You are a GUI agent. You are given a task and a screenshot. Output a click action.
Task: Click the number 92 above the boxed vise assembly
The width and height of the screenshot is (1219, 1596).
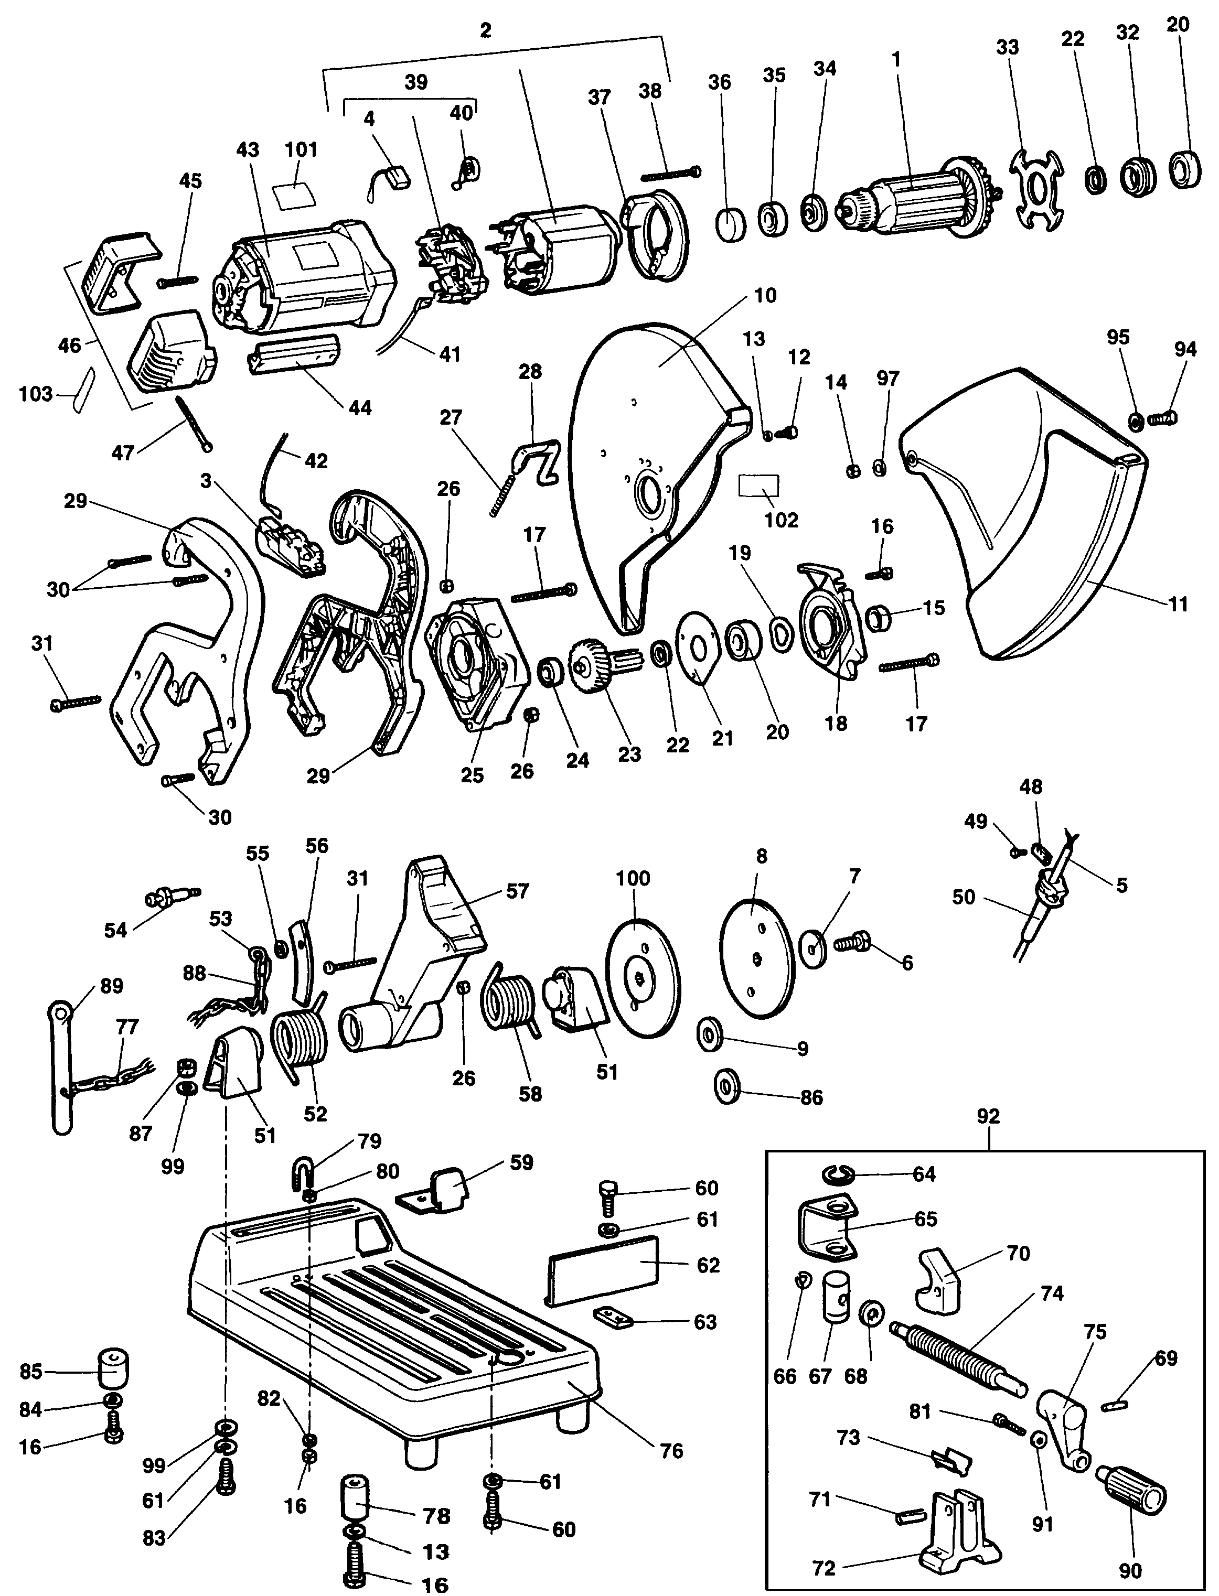(988, 1116)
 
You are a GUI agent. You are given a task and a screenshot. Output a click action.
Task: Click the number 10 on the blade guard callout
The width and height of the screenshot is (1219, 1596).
(765, 295)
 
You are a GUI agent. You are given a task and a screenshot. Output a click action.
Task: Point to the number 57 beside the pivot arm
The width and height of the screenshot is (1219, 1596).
(517, 891)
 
